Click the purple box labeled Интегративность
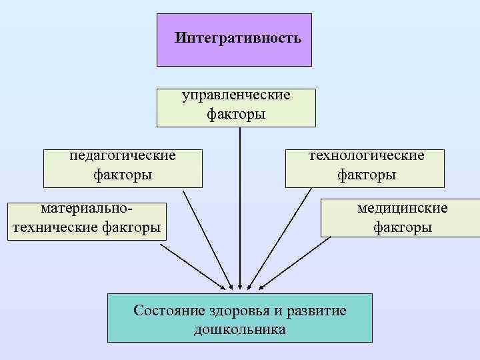tap(234, 39)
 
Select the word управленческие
tap(236, 95)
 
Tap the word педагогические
tap(123, 155)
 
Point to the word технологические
tap(366, 155)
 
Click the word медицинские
tap(402, 208)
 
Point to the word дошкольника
tap(239, 329)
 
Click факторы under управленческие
tap(236, 114)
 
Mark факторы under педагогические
tap(123, 175)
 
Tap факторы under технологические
tap(366, 175)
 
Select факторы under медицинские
tap(402, 227)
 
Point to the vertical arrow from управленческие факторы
tap(239, 200)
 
